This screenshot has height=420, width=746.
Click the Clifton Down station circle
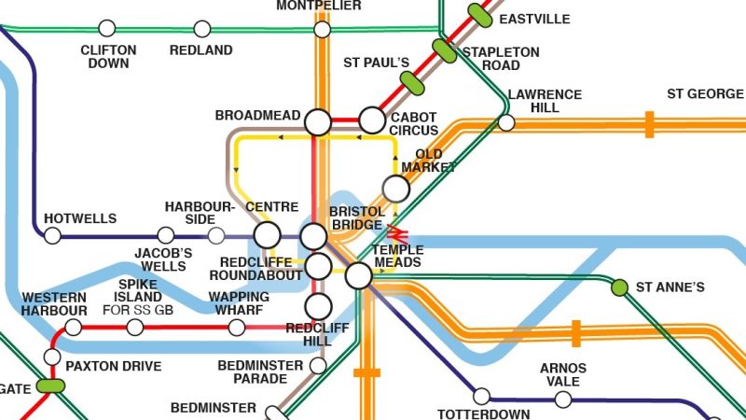107,29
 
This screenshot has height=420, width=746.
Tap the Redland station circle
201,29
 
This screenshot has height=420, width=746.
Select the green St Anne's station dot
618,287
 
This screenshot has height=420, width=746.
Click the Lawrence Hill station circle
506,122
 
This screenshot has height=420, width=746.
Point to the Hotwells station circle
52,235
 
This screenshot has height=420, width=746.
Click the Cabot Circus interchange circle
372,120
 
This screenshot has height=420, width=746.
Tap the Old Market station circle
396,189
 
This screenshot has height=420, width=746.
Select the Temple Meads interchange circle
358,275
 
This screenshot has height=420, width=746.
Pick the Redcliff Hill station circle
319,305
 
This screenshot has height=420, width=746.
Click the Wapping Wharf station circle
237,327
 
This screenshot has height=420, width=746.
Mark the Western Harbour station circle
73,328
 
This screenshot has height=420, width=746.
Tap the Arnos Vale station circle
563,399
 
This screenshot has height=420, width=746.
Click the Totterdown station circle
481,396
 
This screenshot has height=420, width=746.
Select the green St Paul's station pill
412,82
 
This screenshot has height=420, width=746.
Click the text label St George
705,94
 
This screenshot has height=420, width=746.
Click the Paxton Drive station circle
52,357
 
